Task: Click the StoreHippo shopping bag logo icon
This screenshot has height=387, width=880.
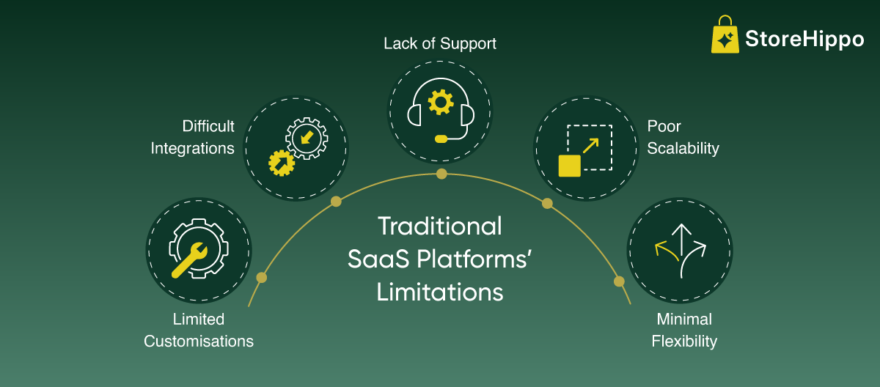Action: tap(725, 37)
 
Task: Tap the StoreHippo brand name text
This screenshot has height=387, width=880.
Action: tap(804, 40)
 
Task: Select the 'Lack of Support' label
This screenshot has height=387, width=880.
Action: tap(440, 44)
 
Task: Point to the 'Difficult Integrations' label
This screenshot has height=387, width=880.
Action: tap(194, 137)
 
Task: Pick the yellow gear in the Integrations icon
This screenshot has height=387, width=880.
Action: tap(281, 162)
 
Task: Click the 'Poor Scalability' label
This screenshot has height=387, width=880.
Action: tap(683, 137)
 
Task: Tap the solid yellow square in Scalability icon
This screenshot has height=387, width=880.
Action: tap(570, 165)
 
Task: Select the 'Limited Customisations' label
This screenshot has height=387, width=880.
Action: tap(199, 331)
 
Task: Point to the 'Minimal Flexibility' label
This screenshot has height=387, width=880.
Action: tap(684, 331)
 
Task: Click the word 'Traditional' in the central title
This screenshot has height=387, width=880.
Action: tap(440, 226)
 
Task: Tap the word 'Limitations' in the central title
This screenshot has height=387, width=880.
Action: tap(440, 292)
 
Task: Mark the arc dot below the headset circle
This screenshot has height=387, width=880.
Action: tap(441, 174)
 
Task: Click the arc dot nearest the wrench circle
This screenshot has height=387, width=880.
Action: tap(261, 278)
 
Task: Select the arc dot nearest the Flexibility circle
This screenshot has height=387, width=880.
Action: tap(619, 281)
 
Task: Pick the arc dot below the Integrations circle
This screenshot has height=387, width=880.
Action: tap(336, 201)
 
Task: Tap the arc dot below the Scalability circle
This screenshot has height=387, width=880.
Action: tap(547, 203)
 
